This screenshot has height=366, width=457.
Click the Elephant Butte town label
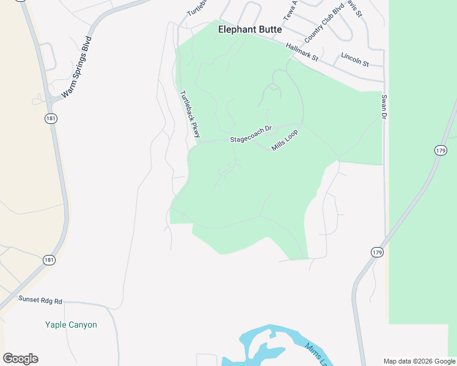250,29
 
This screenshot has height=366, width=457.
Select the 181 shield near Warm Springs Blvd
51,118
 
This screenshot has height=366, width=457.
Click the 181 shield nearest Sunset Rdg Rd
49,260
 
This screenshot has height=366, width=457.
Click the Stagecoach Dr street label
250,138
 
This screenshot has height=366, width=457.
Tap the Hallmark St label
302,52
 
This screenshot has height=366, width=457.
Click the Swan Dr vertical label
384,107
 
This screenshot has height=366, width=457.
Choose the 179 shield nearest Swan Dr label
441,150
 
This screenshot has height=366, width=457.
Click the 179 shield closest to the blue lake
376,251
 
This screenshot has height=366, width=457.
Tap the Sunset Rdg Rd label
40,300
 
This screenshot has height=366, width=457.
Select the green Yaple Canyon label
71,325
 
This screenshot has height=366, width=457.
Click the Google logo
20,359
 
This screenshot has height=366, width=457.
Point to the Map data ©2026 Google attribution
419,361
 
